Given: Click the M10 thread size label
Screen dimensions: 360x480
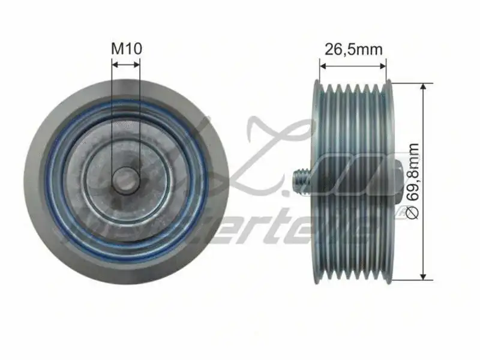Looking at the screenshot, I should pos(126,49).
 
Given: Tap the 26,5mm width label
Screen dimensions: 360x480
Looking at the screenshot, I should pos(353,49).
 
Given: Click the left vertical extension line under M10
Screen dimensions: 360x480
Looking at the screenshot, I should pos(112,120).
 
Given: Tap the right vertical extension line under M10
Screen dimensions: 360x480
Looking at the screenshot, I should pos(140,120).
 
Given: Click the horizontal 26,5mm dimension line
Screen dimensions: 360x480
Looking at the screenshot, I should pos(353,61).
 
